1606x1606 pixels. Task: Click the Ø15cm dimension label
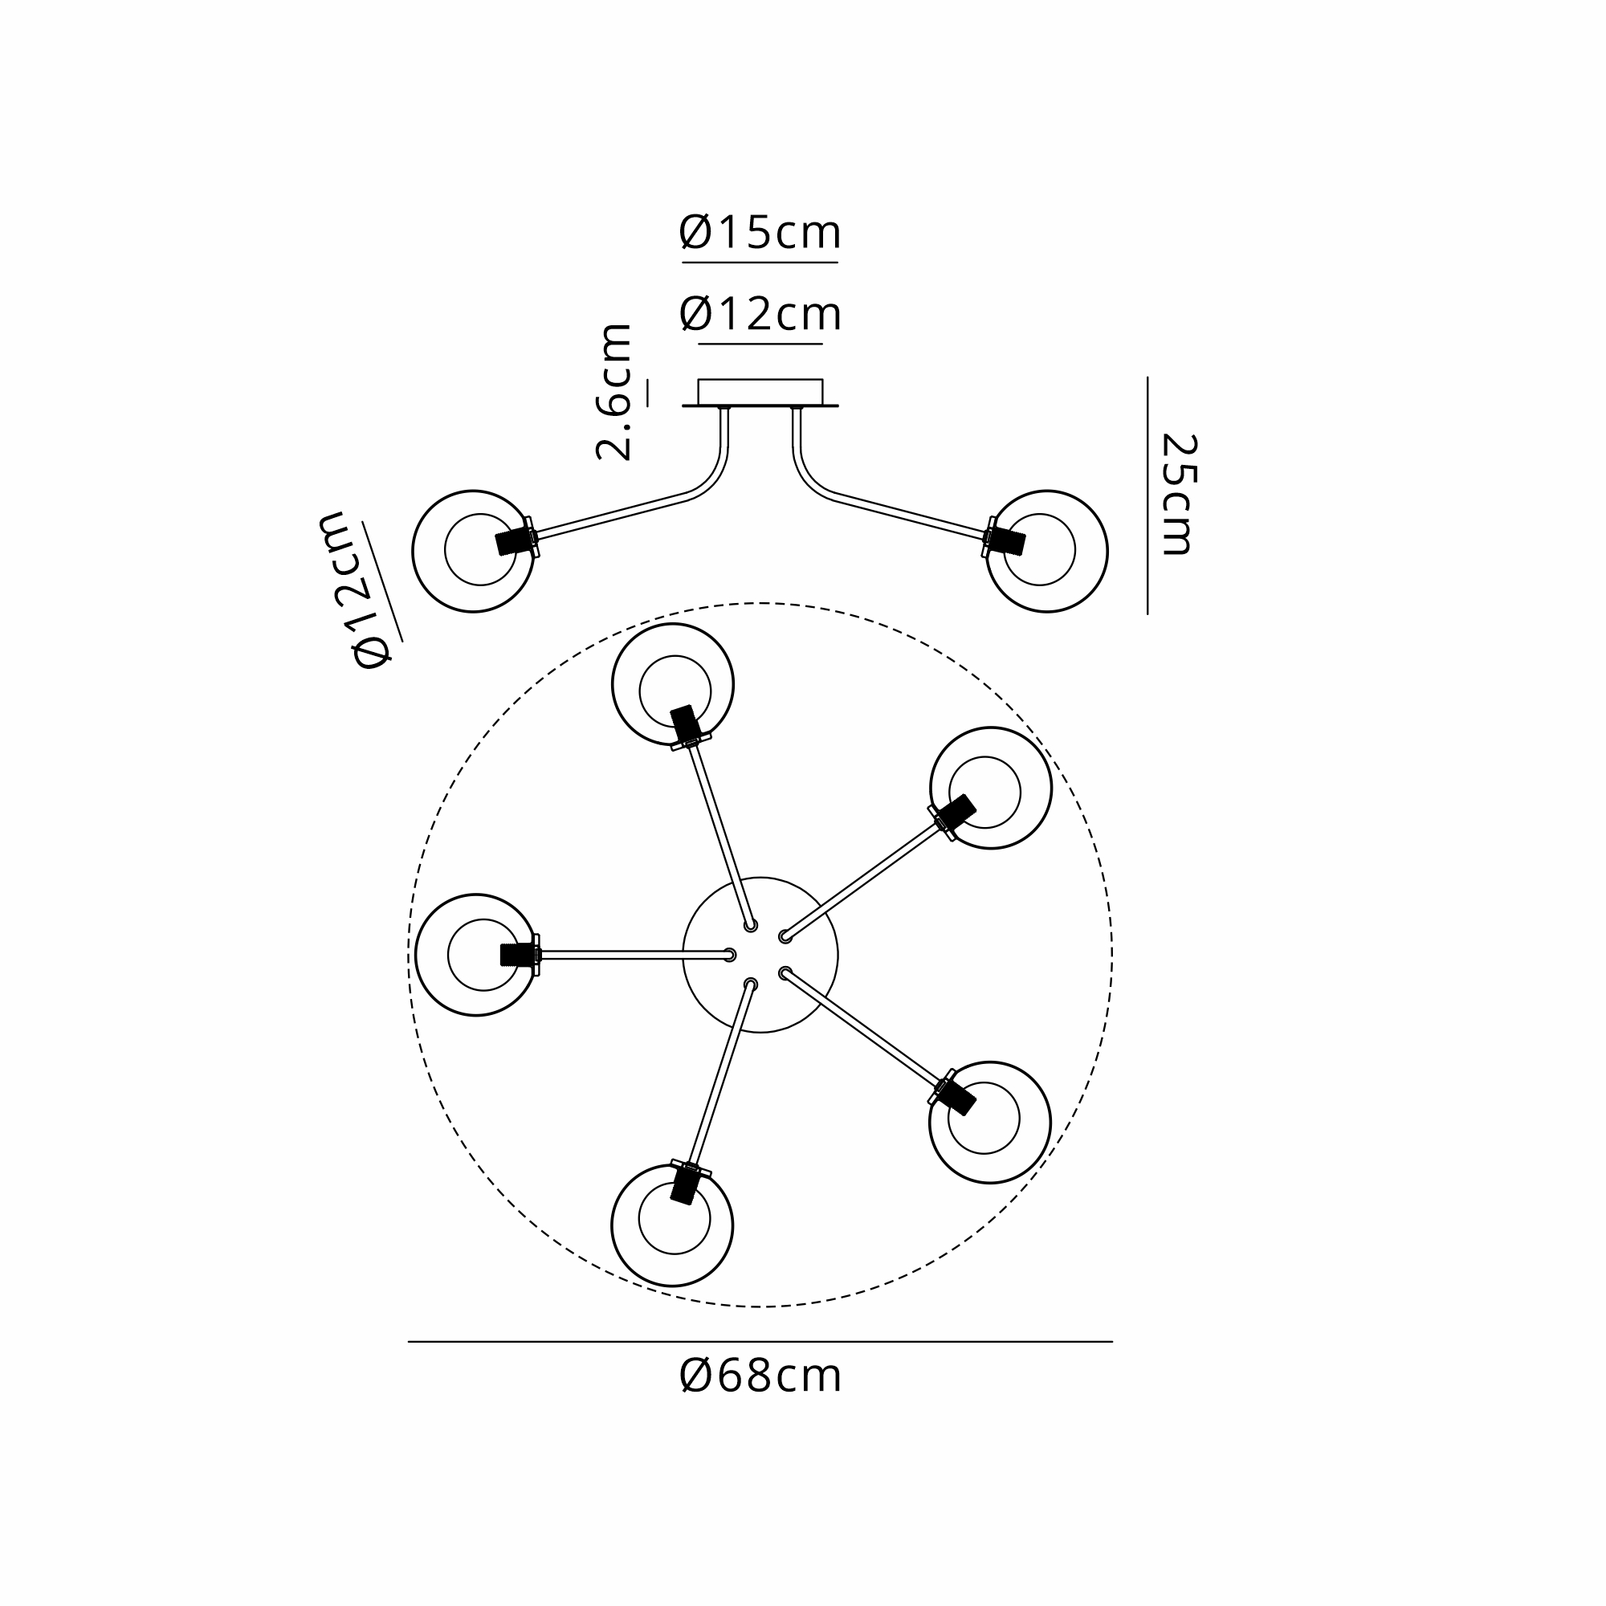point(760,232)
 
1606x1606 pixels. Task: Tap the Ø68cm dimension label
point(760,1376)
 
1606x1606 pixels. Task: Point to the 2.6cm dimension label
point(613,392)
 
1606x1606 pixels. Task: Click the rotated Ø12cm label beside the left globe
point(354,589)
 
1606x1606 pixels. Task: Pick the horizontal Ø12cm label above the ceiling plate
point(760,314)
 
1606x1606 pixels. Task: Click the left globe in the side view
point(473,551)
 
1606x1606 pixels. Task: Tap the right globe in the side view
point(1046,551)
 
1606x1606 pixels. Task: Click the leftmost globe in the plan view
point(476,955)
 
